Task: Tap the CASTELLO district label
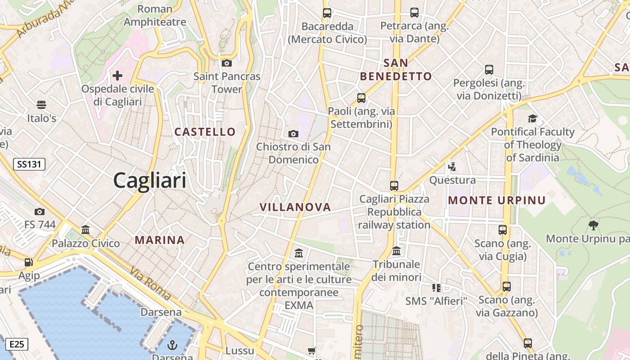(x=205, y=132)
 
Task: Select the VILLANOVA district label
(x=295, y=207)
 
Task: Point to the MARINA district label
(x=160, y=240)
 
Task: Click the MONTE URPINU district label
(x=497, y=201)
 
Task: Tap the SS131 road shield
(x=29, y=164)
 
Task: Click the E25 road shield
(x=17, y=345)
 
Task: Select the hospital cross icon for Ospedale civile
(x=117, y=75)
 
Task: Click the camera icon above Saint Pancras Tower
(x=227, y=63)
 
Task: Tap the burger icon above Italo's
(x=41, y=105)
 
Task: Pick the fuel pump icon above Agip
(x=29, y=262)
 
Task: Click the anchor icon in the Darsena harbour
(x=172, y=345)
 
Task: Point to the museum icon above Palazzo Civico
(x=85, y=230)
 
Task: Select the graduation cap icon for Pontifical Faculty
(x=533, y=118)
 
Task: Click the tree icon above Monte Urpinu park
(x=594, y=225)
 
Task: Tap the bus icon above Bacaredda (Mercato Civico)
(x=327, y=13)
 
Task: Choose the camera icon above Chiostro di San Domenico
(x=293, y=134)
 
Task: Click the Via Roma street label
(x=151, y=284)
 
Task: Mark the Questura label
(x=452, y=180)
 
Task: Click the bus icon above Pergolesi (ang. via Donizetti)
(x=489, y=70)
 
